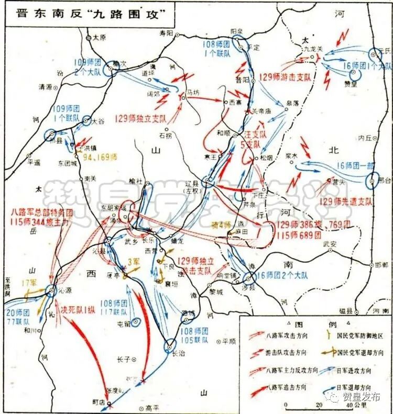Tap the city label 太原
click(x=99, y=38)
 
